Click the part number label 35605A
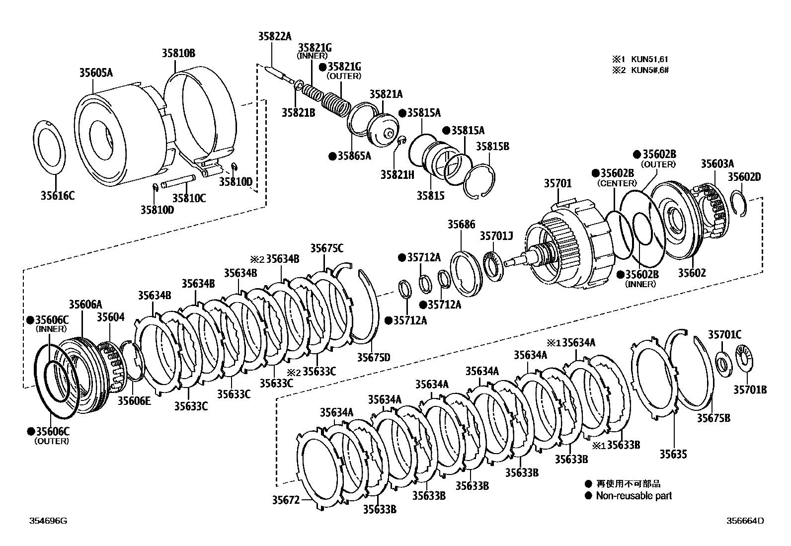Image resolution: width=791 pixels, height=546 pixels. [96, 73]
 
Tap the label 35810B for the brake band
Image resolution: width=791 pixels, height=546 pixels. [178, 53]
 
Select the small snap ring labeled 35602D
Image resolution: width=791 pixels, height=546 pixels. [740, 204]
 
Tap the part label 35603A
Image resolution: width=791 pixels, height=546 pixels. [717, 163]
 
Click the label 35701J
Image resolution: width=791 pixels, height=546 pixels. [496, 235]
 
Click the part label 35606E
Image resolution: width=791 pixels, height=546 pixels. [134, 401]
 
